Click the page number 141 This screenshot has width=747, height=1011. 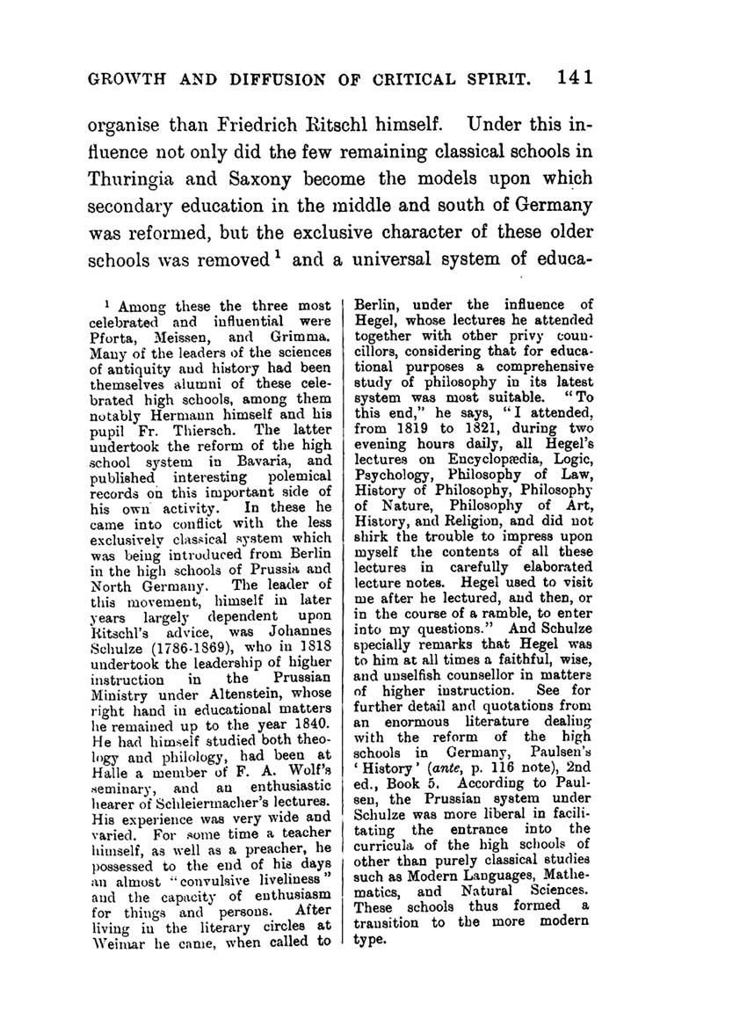pos(576,76)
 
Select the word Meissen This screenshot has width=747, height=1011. pos(185,335)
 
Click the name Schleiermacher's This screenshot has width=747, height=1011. pos(213,791)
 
